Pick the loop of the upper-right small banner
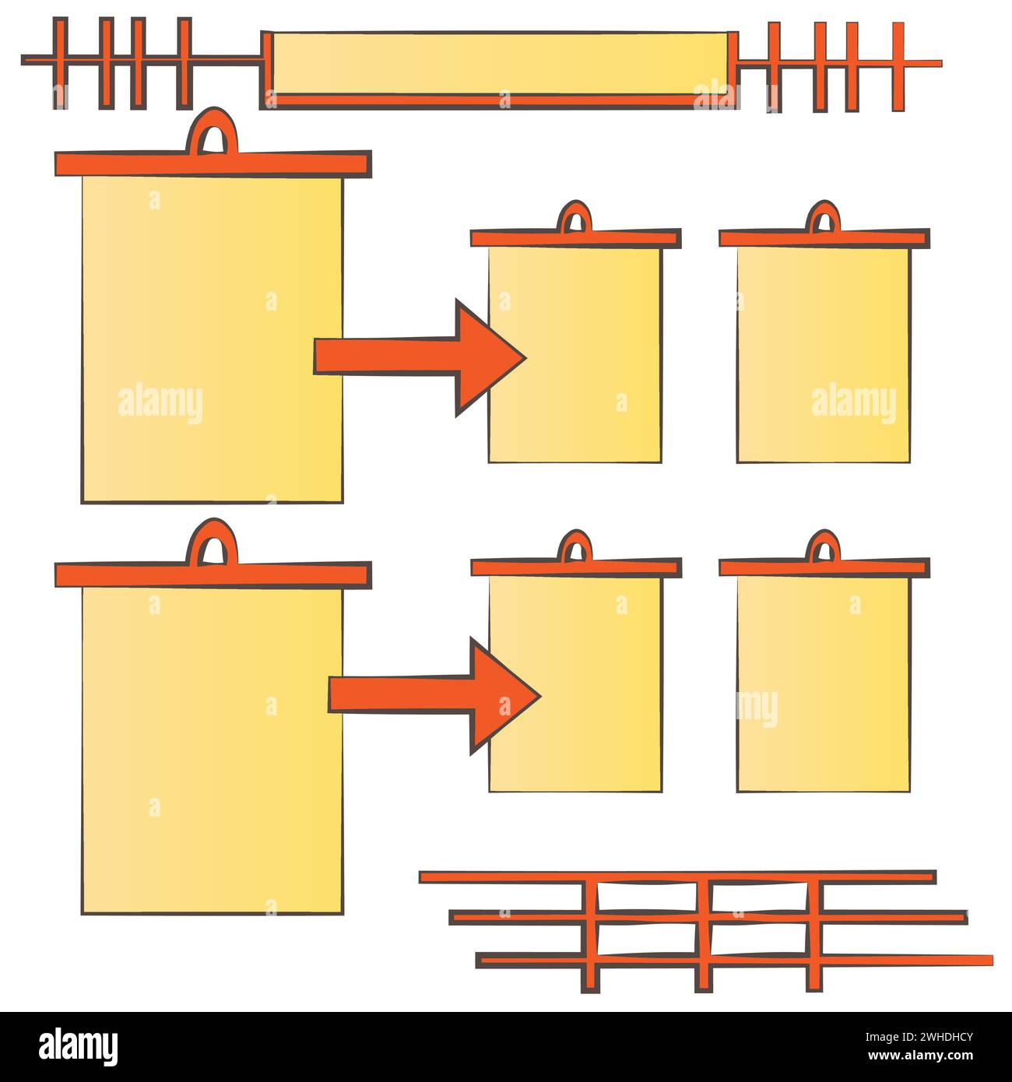point(823,213)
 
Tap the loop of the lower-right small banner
point(823,542)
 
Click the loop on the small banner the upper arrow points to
point(575,213)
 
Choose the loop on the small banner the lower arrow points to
point(575,542)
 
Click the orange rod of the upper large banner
point(213,164)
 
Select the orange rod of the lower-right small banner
point(824,567)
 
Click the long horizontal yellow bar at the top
point(500,64)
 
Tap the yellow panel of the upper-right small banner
point(824,355)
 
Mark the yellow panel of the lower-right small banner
point(824,683)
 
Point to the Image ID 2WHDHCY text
point(919,1037)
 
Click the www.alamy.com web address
point(920,1056)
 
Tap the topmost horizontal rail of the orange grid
point(678,877)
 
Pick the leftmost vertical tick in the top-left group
point(60,62)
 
